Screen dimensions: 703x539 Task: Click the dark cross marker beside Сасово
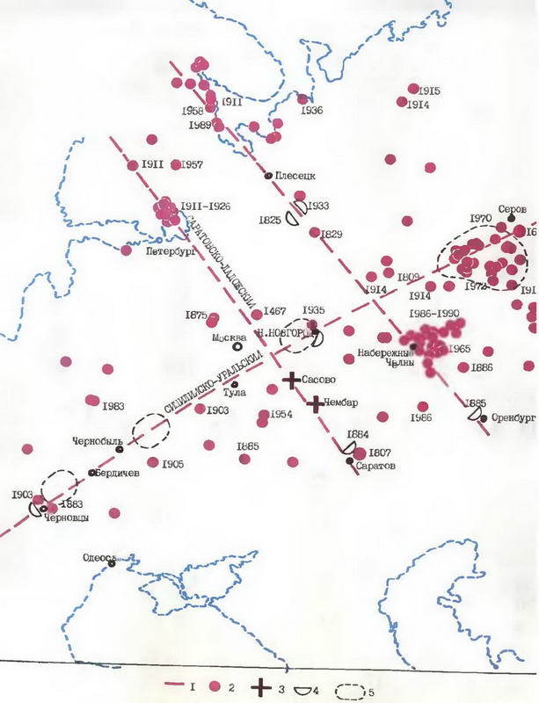[x=291, y=380]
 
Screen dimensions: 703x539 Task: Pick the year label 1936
[x=311, y=111]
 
